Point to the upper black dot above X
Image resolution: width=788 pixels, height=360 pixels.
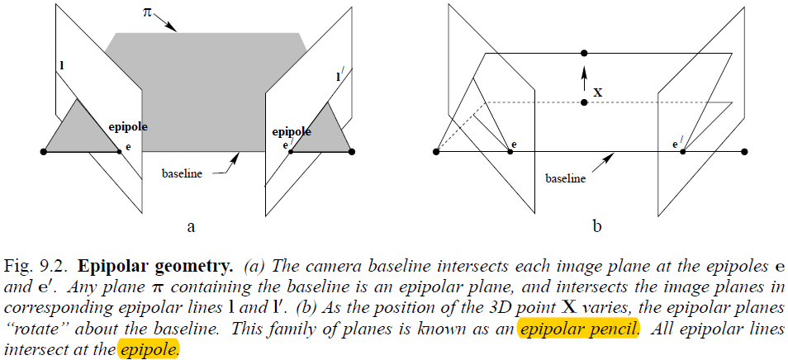click(584, 53)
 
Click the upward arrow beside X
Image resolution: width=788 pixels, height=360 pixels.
click(584, 79)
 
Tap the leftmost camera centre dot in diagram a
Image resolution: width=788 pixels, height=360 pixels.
click(44, 151)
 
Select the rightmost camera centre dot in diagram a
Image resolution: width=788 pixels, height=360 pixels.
click(352, 151)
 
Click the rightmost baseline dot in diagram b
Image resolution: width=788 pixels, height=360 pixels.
click(745, 152)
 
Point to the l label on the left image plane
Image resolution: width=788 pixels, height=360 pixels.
click(62, 64)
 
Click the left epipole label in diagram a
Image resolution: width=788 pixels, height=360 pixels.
click(126, 129)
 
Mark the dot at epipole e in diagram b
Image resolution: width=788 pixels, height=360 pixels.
click(510, 152)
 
